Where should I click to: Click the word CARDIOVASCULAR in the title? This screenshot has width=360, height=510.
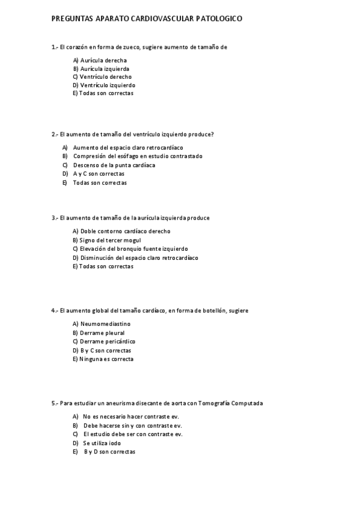(x=161, y=19)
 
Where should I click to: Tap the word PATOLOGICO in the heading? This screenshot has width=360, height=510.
(x=219, y=19)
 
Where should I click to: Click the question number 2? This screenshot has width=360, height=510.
(x=53, y=134)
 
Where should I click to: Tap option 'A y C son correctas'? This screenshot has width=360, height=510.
(x=99, y=173)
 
